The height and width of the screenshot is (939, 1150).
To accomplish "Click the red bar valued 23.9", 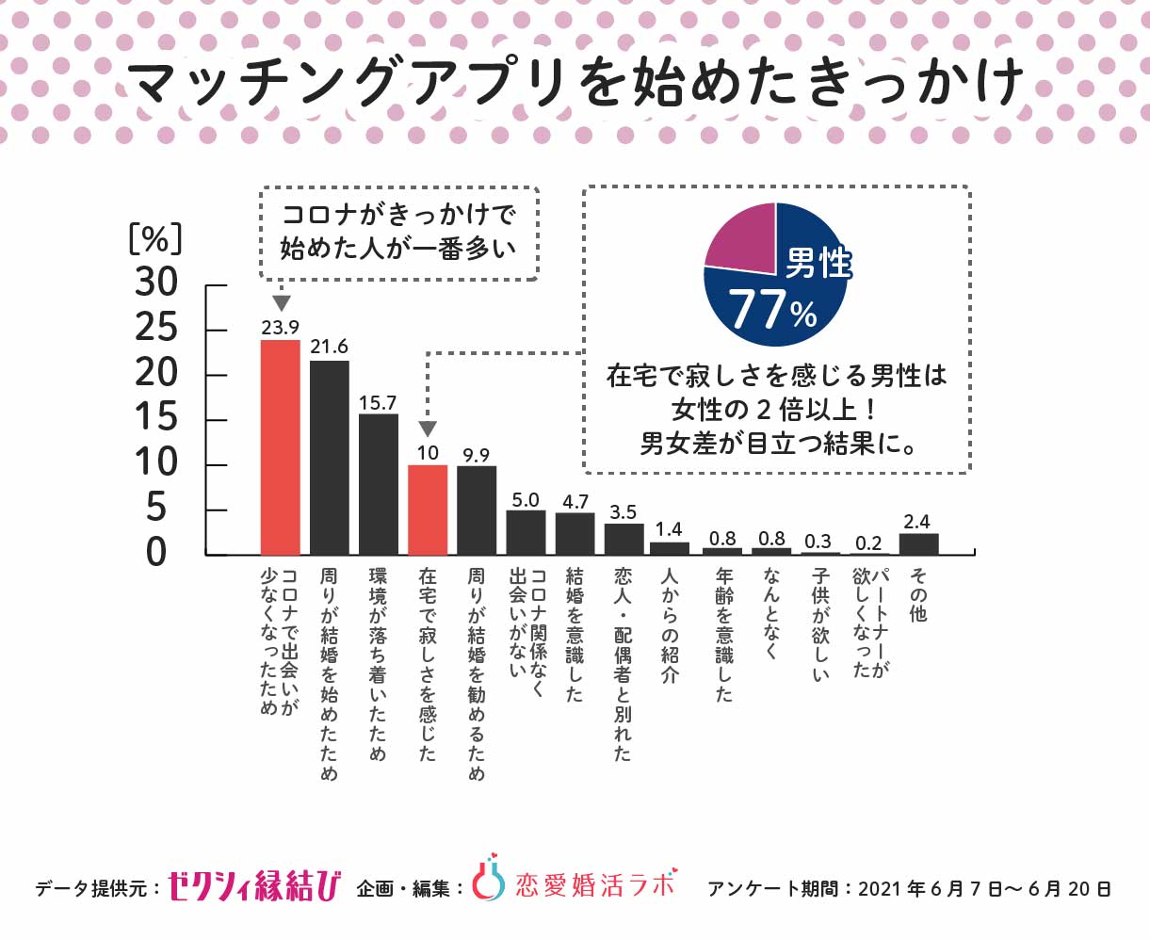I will (280, 447).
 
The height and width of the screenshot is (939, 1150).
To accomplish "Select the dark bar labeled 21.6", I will (330, 458).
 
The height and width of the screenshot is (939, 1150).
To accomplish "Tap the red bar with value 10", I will (428, 510).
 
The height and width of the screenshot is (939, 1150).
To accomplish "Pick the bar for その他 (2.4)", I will (918, 544).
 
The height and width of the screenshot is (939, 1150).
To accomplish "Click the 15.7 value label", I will (378, 402).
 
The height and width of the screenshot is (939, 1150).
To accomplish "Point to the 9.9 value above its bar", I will (477, 455).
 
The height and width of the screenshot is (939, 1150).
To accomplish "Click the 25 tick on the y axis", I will (156, 328).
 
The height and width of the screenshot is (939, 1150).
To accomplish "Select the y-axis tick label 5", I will (156, 509).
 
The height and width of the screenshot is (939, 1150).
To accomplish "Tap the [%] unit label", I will (154, 239).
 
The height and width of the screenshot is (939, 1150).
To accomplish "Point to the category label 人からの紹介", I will (670, 625).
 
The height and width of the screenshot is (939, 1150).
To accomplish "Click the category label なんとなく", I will (771, 612).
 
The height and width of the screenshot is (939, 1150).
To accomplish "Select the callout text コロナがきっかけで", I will (398, 215).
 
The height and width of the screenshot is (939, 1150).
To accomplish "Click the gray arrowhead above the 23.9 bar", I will (281, 303).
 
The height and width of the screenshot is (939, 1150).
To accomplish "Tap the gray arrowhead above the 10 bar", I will (428, 429).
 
